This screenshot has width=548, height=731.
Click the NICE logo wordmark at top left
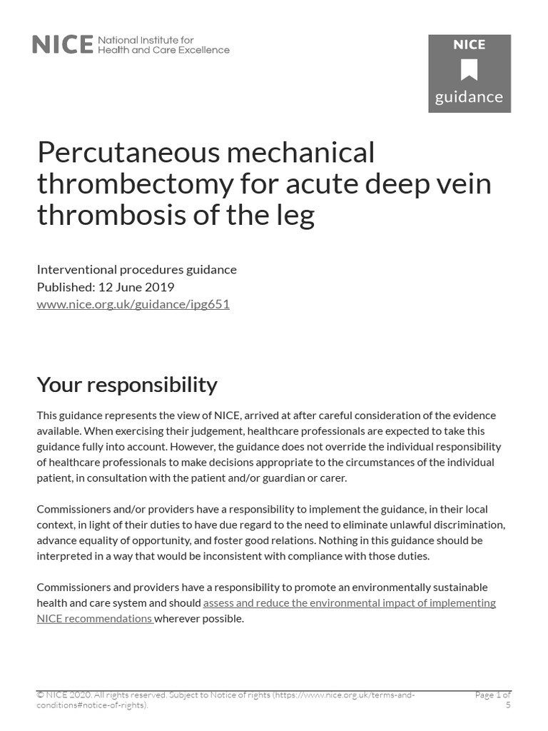click(63, 45)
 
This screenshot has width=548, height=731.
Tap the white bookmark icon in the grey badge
click(469, 70)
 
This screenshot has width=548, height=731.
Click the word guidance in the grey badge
click(469, 97)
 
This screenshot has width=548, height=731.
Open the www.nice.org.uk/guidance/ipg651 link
click(133, 304)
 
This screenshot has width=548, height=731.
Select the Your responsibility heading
click(127, 385)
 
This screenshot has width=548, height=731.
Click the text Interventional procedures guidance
click(136, 270)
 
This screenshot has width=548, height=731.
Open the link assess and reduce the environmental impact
click(349, 603)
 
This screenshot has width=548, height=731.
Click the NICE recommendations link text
click(93, 619)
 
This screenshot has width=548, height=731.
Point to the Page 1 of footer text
click(492, 695)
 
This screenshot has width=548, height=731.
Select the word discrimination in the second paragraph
click(467, 525)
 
